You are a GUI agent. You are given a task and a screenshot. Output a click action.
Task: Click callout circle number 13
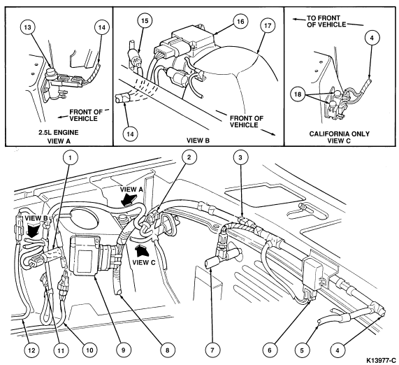(x=27, y=27)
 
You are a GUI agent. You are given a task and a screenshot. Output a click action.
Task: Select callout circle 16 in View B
(x=240, y=22)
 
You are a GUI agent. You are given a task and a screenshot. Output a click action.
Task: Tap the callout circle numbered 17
(x=268, y=26)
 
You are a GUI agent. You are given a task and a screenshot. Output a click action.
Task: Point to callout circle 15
(x=144, y=21)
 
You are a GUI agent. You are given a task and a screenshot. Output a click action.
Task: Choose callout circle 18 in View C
(x=298, y=94)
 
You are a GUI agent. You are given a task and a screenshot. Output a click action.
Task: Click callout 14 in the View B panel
(x=130, y=134)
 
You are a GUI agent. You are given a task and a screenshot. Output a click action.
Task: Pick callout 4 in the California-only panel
(x=372, y=38)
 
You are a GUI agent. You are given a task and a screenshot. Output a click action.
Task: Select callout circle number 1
(x=70, y=157)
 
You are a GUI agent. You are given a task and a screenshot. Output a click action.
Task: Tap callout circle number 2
(x=189, y=157)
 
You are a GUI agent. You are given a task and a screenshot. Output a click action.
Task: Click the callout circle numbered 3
(x=240, y=157)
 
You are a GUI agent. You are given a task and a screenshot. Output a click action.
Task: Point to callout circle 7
(x=212, y=350)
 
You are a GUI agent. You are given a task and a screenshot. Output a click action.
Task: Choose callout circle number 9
(x=123, y=350)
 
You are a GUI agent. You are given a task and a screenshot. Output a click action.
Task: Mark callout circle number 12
(x=31, y=350)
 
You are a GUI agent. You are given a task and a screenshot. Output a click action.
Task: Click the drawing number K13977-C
(x=382, y=360)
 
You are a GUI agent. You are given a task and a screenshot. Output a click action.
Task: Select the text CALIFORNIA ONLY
(x=339, y=134)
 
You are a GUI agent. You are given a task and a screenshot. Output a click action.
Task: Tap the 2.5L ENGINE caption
(x=59, y=133)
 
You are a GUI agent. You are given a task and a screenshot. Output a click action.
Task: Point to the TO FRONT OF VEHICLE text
(x=326, y=22)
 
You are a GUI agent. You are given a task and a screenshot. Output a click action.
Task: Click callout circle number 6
(x=270, y=350)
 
